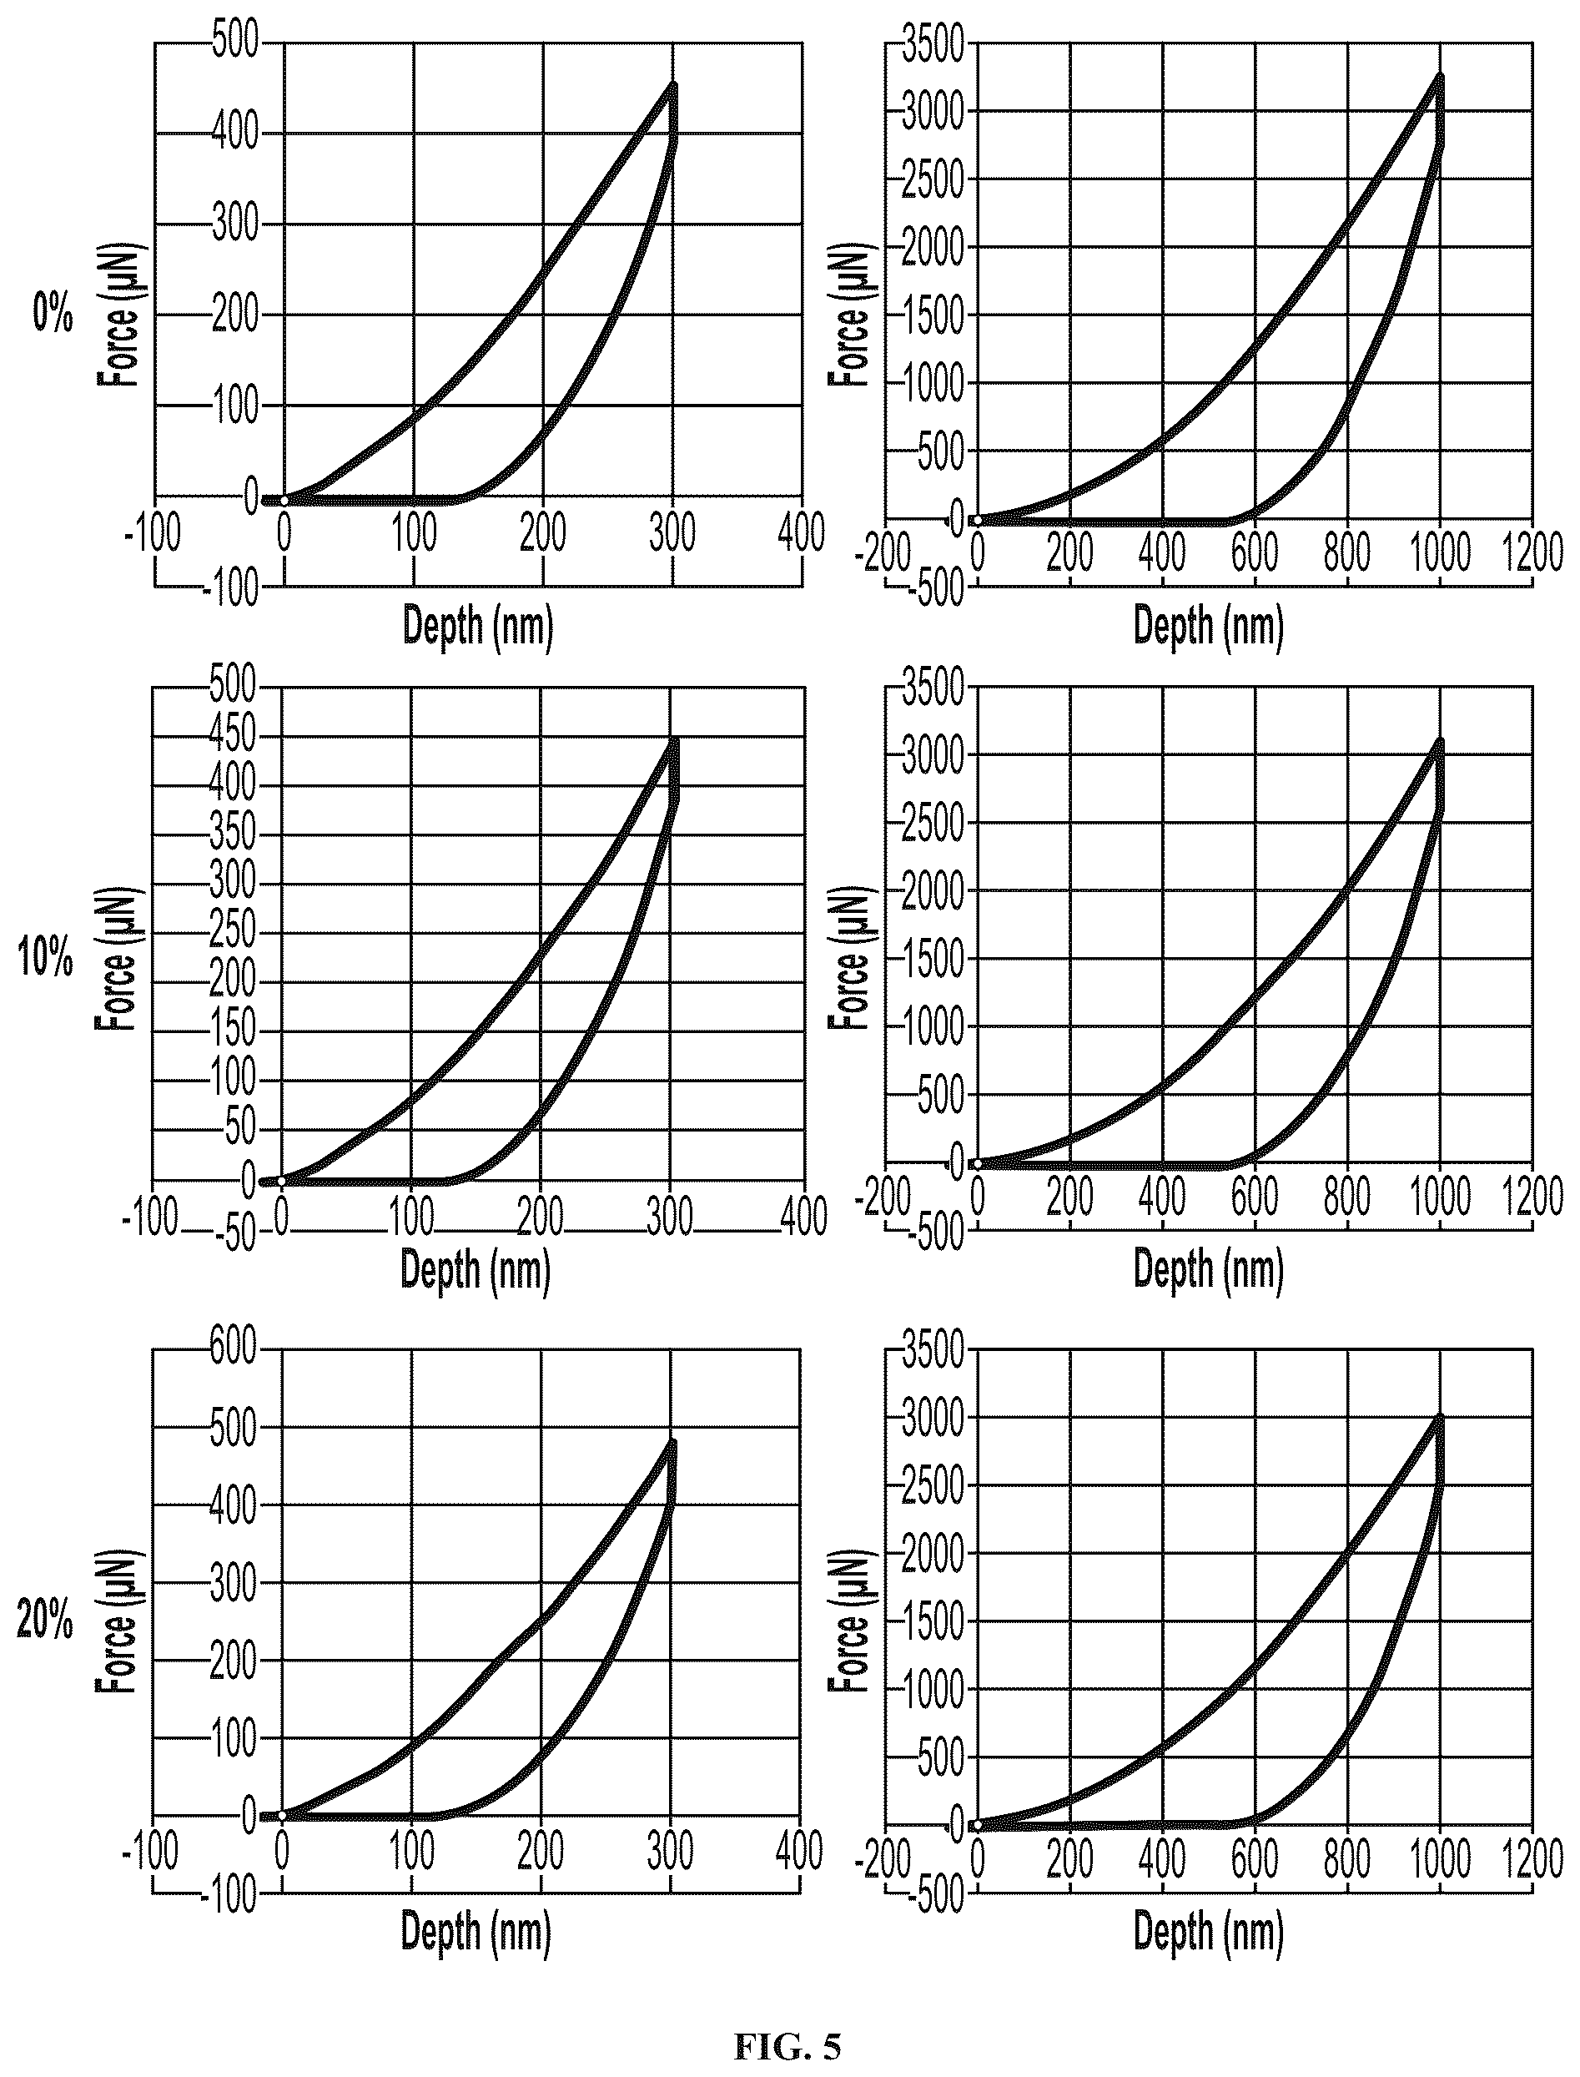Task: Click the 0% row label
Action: (x=53, y=313)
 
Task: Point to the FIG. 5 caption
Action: (x=787, y=2046)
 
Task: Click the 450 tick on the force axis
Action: (x=234, y=736)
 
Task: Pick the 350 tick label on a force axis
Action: (x=234, y=834)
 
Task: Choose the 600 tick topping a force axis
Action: (x=234, y=1348)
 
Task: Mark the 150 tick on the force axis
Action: (x=234, y=1029)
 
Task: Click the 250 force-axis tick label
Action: (x=234, y=931)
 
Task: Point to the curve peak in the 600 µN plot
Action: (x=672, y=1440)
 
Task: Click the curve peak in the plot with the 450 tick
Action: (x=673, y=740)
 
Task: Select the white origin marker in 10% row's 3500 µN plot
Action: (x=977, y=1166)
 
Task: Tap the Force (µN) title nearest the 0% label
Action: (x=118, y=316)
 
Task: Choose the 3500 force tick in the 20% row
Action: (x=933, y=1350)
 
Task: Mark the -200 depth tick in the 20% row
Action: (x=883, y=1858)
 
